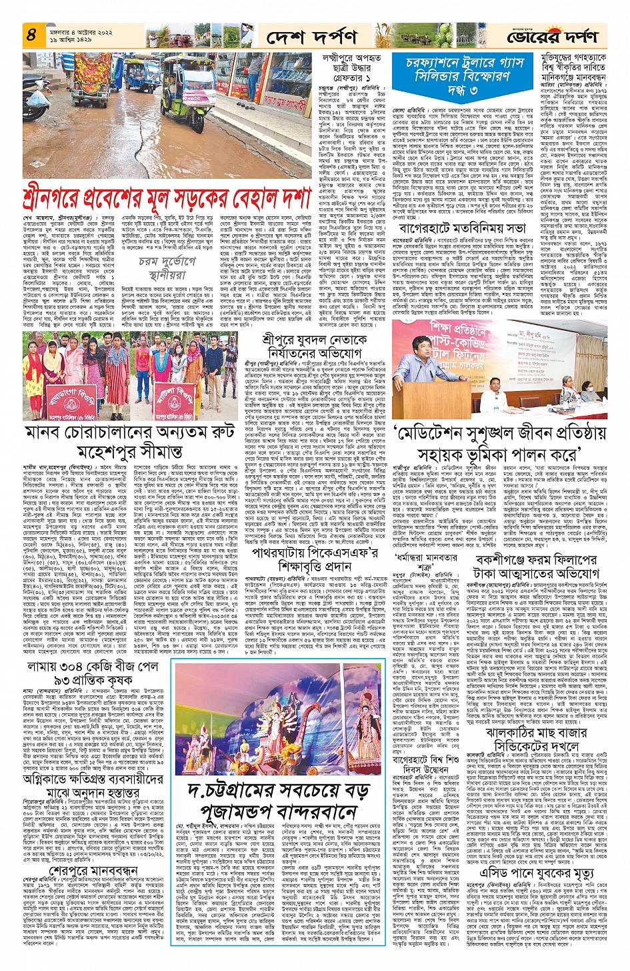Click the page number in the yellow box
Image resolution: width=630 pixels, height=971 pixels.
[x=31, y=35]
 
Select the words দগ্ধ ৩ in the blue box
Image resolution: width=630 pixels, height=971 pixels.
[x=466, y=89]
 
